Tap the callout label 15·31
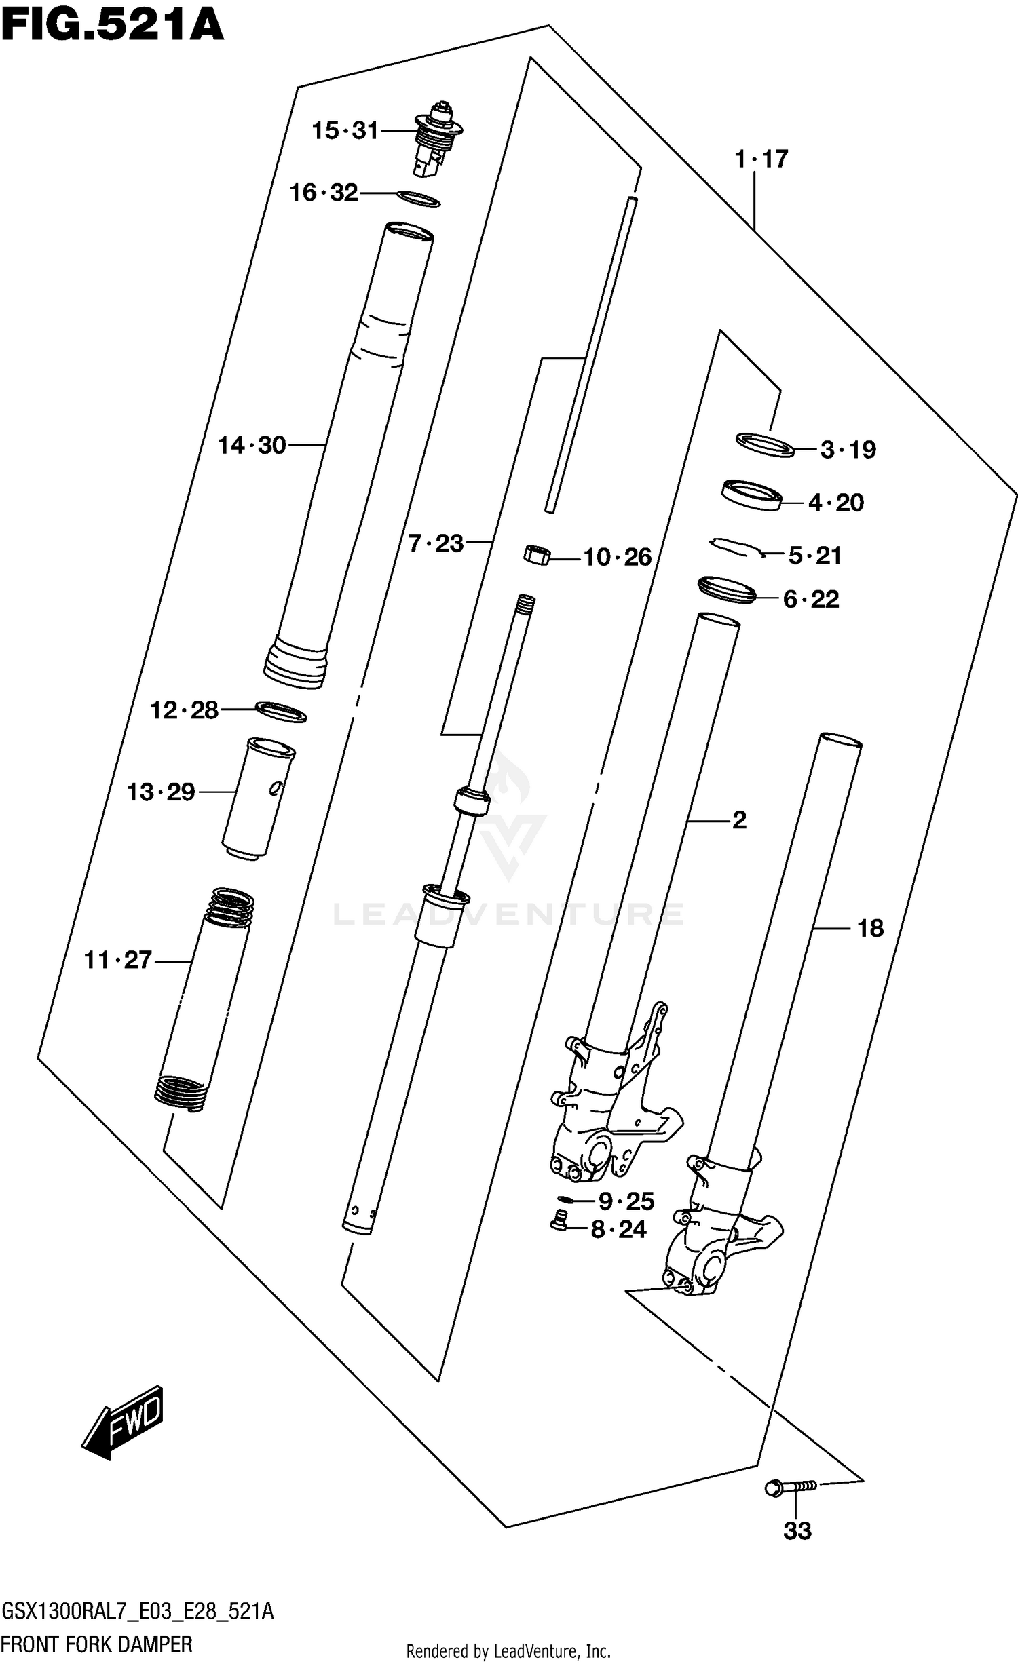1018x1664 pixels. pos(345,130)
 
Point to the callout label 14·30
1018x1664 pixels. pos(252,446)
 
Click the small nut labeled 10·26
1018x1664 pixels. pos(536,556)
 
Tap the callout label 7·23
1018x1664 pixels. pos(436,543)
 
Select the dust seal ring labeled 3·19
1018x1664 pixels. pos(765,444)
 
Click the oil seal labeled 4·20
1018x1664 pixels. pos(751,495)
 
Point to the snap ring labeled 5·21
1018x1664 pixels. pos(737,547)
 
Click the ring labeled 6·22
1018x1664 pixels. pos(727,589)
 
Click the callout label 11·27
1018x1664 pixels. pos(117,960)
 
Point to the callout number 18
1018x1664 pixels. pos(870,928)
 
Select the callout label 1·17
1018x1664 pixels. pos(761,159)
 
